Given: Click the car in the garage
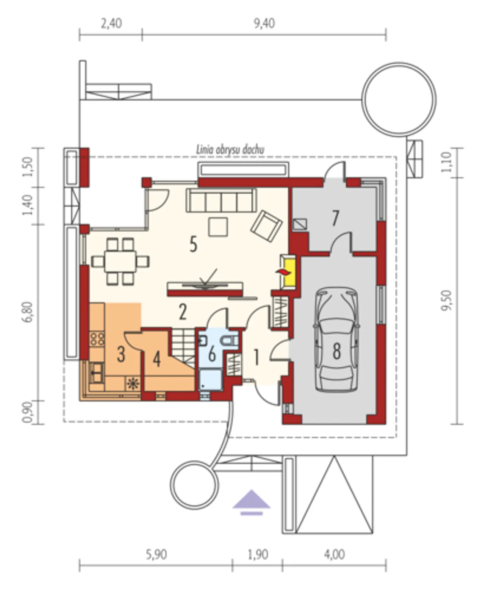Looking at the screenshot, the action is pyautogui.click(x=337, y=339).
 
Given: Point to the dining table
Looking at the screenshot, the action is pyautogui.click(x=120, y=261).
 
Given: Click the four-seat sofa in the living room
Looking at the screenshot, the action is pyautogui.click(x=221, y=200).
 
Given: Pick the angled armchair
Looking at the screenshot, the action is pyautogui.click(x=266, y=226).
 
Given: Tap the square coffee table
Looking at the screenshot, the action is pyautogui.click(x=218, y=227).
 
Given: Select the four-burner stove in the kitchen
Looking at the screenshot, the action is pyautogui.click(x=97, y=339).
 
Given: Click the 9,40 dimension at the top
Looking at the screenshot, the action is pyautogui.click(x=264, y=23).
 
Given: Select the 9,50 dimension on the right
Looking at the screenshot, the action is pyautogui.click(x=447, y=300).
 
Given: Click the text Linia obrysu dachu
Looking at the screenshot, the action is pyautogui.click(x=230, y=150).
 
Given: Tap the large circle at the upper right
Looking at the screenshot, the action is pyautogui.click(x=399, y=100).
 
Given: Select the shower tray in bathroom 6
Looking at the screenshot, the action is pyautogui.click(x=210, y=379).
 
